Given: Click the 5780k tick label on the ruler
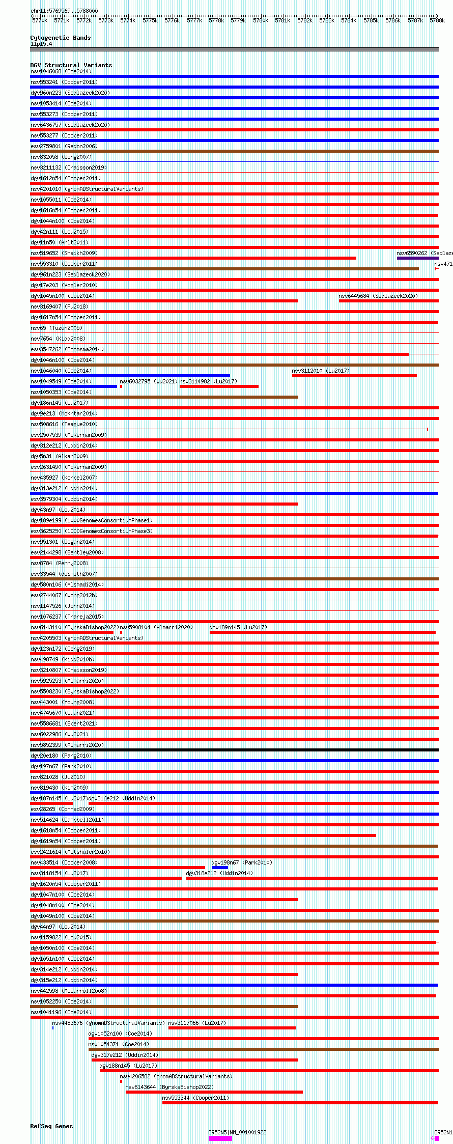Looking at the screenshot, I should pyautogui.click(x=260, y=20).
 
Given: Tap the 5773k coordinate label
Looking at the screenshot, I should pyautogui.click(x=106, y=20).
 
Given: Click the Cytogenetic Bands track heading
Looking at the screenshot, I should pyautogui.click(x=60, y=38).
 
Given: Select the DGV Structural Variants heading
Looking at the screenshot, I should pyautogui.click(x=71, y=65).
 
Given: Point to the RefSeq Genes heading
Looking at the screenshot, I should pyautogui.click(x=51, y=1126).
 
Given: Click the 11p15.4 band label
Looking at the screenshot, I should pyautogui.click(x=41, y=44).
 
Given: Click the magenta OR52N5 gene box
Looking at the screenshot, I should pyautogui.click(x=220, y=1138).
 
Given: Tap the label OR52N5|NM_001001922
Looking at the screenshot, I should pyautogui.click(x=237, y=1132).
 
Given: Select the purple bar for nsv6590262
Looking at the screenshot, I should pyautogui.click(x=417, y=258).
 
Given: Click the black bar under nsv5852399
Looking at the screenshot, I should pyautogui.click(x=234, y=750).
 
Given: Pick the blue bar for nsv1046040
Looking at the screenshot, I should pyautogui.click(x=130, y=376).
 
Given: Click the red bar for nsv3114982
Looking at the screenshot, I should pyautogui.click(x=219, y=386).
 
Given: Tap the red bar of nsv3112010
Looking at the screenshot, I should pyautogui.click(x=354, y=376).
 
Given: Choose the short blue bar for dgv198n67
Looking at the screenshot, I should pyautogui.click(x=219, y=868).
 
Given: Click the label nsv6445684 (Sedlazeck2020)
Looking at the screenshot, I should pyautogui.click(x=378, y=296).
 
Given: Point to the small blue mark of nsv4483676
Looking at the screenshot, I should pyautogui.click(x=53, y=1028).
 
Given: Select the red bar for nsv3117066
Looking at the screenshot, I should pyautogui.click(x=232, y=1028).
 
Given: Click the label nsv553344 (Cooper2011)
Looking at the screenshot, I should pyautogui.click(x=195, y=1098).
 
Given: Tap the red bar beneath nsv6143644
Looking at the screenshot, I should pyautogui.click(x=214, y=1092).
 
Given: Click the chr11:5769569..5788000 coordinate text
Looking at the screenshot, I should pyautogui.click(x=64, y=11).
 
